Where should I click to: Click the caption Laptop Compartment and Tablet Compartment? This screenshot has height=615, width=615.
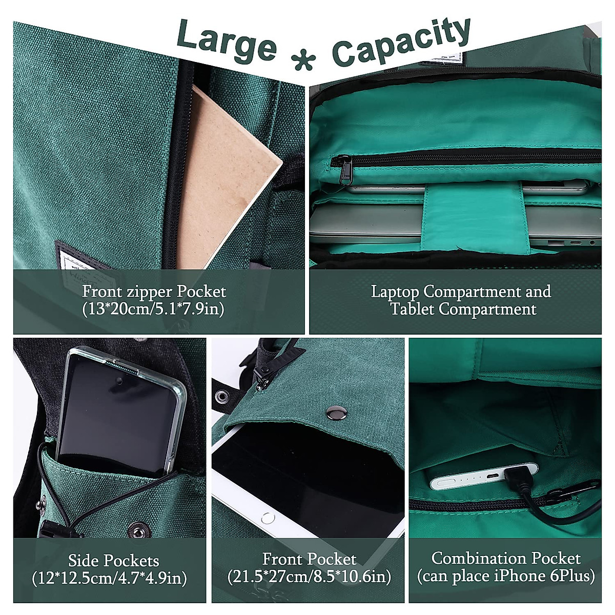[x=461, y=300]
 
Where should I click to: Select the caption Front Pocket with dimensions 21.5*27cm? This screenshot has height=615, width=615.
[x=309, y=568]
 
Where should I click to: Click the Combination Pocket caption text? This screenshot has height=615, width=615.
[x=506, y=567]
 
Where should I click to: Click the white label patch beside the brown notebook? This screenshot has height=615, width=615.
[x=72, y=256]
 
